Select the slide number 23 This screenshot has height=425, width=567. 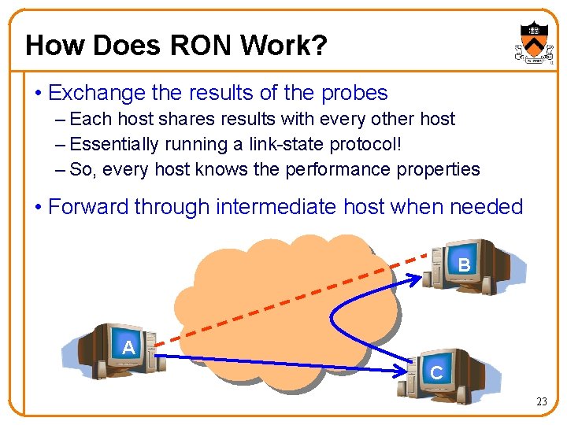(x=542, y=402)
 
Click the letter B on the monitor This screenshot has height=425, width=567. (x=464, y=265)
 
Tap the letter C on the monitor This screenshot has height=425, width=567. (x=436, y=373)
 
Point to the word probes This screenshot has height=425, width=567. (x=354, y=93)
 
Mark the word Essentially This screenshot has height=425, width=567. (x=114, y=144)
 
